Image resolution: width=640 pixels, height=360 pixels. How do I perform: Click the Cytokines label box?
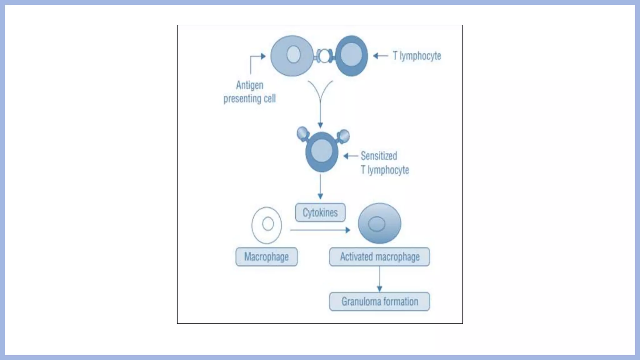pos(320,212)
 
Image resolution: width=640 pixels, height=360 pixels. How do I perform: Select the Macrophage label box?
pos(267,257)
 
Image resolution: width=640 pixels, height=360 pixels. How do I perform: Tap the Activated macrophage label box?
pos(379,257)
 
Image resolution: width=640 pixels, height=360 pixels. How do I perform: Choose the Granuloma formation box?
pos(379,301)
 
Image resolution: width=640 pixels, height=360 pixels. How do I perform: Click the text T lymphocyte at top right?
pos(417,56)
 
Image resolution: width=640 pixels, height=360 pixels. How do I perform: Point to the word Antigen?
pos(249,85)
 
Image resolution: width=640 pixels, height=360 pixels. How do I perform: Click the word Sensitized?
pos(379,156)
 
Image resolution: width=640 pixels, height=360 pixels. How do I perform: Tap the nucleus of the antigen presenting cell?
pos(293,54)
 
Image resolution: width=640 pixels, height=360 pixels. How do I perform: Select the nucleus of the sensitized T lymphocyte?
pos(322,151)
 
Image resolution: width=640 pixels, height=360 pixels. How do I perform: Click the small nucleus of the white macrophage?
pos(268,224)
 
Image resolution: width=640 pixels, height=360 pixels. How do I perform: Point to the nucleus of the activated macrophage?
pos(377,224)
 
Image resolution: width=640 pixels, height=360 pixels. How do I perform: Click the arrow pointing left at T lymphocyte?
pos(380,56)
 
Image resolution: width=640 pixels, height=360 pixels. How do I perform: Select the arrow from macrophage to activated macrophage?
pos(320,230)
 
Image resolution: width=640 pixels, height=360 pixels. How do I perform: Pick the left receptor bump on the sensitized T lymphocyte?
pos(302,133)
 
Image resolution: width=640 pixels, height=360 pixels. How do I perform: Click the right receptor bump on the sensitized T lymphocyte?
pos(344,136)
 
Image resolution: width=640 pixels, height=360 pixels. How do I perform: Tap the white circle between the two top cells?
pos(324,56)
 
